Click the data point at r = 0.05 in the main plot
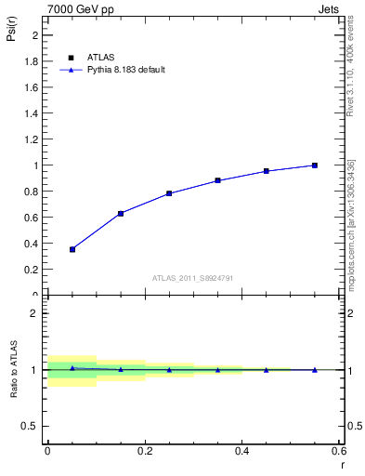pyautogui.click(x=72, y=249)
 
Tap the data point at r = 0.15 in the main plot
pyautogui.click(x=121, y=214)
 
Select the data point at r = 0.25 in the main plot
pyautogui.click(x=169, y=193)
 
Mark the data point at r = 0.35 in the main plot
pyautogui.click(x=217, y=180)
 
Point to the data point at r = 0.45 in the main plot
pyautogui.click(x=266, y=171)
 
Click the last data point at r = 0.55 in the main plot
pyautogui.click(x=315, y=165)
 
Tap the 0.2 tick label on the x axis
pyautogui.click(x=144, y=450)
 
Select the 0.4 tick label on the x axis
pyautogui.click(x=241, y=450)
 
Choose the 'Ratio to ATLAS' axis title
pyautogui.click(x=13, y=369)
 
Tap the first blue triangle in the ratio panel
pyautogui.click(x=72, y=368)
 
